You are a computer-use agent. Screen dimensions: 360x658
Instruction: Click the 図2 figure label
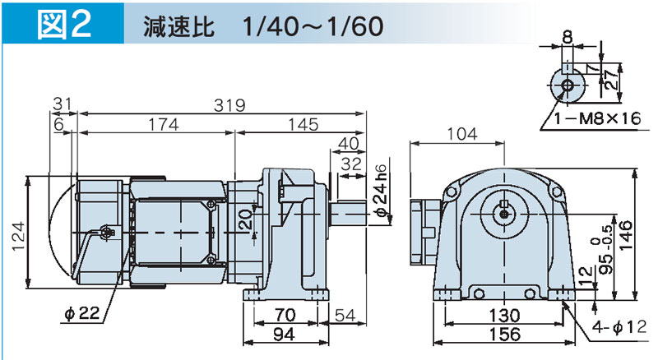click(67, 24)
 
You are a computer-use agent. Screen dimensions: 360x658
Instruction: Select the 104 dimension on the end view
click(462, 134)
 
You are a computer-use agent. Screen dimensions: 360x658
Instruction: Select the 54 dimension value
click(343, 315)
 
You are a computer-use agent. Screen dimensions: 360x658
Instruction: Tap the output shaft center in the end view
click(502, 213)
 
